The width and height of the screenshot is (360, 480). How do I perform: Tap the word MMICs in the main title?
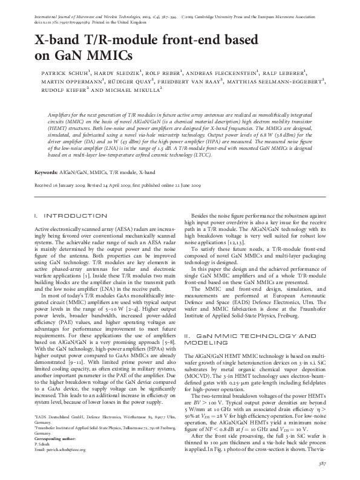point(109,57)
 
